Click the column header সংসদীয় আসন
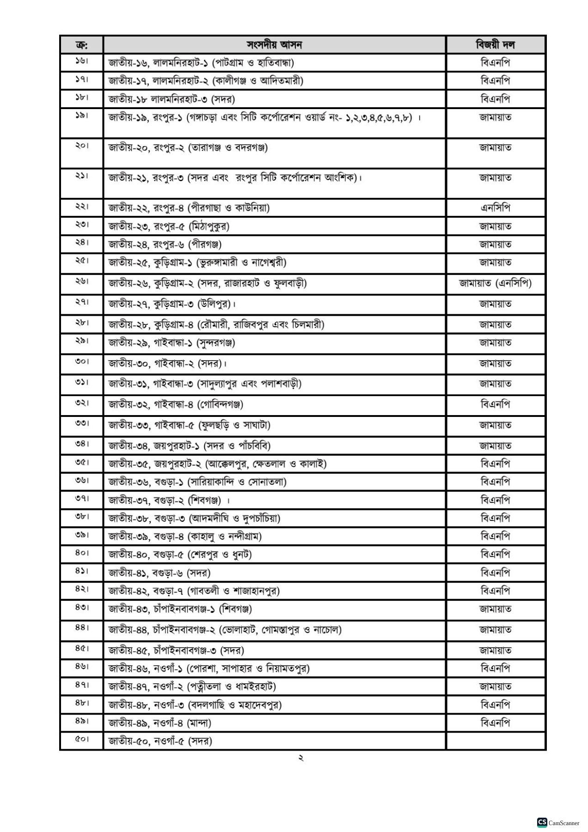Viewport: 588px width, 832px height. tap(274, 45)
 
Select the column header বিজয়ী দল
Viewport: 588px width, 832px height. tap(495, 45)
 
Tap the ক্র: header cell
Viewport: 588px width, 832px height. tap(81, 45)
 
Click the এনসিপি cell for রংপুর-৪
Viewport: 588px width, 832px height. tap(495, 208)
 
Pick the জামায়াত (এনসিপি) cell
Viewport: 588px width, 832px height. tap(495, 283)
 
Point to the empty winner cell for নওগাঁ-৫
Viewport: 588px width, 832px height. tap(495, 741)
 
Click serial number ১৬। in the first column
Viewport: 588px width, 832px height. tap(81, 62)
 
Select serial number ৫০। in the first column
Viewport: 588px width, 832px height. tap(81, 740)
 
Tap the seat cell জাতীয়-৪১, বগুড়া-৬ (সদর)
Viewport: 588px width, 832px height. tap(159, 573)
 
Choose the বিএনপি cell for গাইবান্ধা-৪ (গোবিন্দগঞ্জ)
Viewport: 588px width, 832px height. tap(495, 404)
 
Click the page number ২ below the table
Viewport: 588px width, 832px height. tap(300, 759)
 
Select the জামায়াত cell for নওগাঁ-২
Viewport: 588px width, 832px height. tap(495, 687)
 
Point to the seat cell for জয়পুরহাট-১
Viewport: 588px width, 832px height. tap(190, 446)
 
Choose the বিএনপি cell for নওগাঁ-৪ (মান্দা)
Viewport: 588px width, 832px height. tap(495, 723)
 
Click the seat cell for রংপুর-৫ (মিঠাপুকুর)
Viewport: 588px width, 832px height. tap(169, 226)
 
